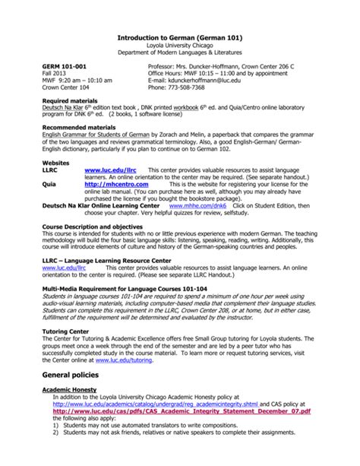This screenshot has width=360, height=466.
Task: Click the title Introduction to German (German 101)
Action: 181,36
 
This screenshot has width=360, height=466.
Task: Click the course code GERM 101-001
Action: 65,67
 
